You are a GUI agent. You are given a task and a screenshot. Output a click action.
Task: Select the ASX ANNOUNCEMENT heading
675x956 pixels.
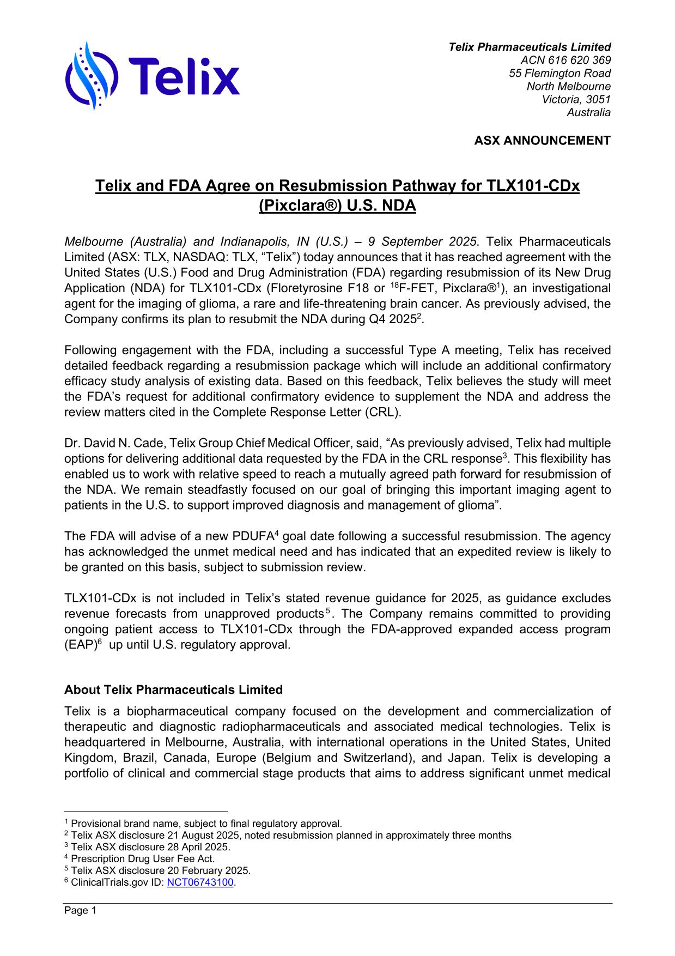coord(542,141)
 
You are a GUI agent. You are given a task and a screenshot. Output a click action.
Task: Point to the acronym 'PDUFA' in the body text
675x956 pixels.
coord(252,536)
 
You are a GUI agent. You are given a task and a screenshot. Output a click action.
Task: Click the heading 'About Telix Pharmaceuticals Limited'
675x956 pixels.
coord(173,690)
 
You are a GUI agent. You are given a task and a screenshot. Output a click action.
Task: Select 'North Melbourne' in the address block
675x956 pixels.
coord(568,86)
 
